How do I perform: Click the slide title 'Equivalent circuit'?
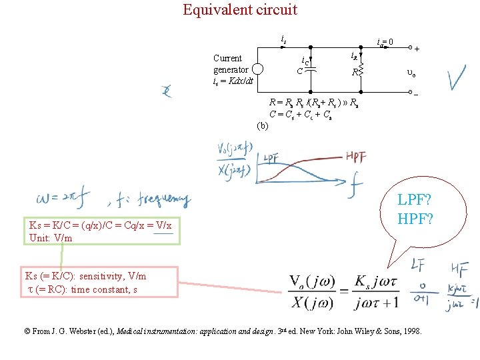pyautogui.click(x=240, y=10)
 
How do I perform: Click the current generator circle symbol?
pyautogui.click(x=259, y=69)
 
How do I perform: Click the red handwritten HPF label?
pyautogui.click(x=355, y=157)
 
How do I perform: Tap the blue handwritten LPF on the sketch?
pyautogui.click(x=271, y=159)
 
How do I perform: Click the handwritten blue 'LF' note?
pyautogui.click(x=418, y=265)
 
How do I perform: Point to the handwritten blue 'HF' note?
pyautogui.click(x=459, y=268)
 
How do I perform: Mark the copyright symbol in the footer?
pyautogui.click(x=27, y=331)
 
